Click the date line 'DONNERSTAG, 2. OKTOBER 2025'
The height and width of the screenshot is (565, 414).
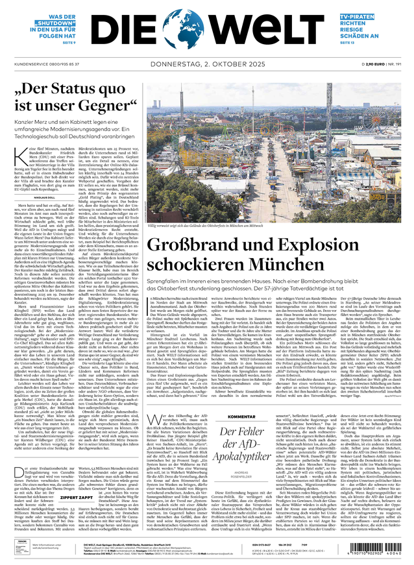[x=207, y=64]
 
